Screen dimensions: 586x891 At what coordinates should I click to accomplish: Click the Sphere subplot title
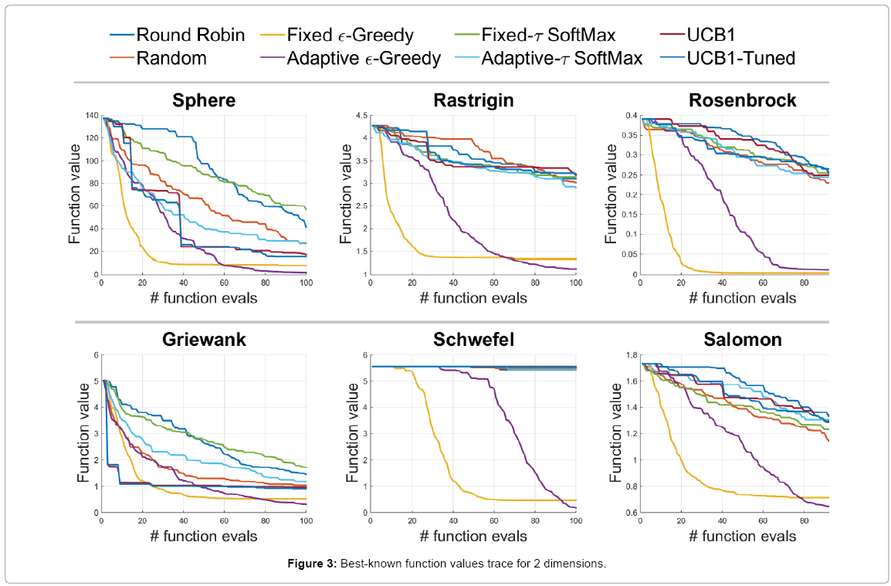[x=204, y=101]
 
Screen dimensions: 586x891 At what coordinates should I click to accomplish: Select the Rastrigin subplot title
[x=473, y=101]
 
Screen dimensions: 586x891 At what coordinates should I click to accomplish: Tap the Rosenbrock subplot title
[x=741, y=101]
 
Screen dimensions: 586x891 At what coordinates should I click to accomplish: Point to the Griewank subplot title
[x=204, y=340]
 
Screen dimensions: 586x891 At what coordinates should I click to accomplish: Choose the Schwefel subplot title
[x=473, y=340]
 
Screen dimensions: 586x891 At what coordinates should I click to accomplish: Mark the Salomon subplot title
[x=741, y=340]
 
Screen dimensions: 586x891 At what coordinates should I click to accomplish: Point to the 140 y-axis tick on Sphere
[x=91, y=116]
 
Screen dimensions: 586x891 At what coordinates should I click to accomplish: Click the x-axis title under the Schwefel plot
[x=473, y=536]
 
